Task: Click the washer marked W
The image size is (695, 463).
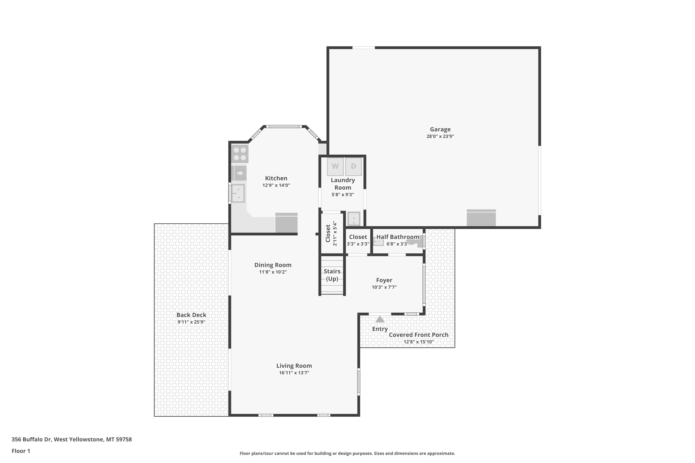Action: [335, 166]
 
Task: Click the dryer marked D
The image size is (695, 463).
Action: [354, 166]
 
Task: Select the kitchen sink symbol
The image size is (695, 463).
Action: [238, 193]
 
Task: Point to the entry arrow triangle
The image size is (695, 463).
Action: [380, 319]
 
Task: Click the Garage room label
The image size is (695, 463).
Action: [440, 129]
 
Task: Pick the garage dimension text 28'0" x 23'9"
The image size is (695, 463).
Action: [440, 136]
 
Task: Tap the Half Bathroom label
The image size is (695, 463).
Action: [398, 237]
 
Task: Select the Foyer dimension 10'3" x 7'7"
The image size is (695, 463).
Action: [384, 287]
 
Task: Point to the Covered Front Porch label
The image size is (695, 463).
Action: [418, 335]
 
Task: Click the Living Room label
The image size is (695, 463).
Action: [294, 366]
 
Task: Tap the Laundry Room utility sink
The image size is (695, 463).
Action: [354, 219]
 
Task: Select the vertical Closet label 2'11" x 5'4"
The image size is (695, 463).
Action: [331, 233]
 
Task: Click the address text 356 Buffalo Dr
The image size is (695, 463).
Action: [32, 439]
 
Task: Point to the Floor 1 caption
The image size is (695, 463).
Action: [21, 451]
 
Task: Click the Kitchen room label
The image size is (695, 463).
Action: [276, 178]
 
